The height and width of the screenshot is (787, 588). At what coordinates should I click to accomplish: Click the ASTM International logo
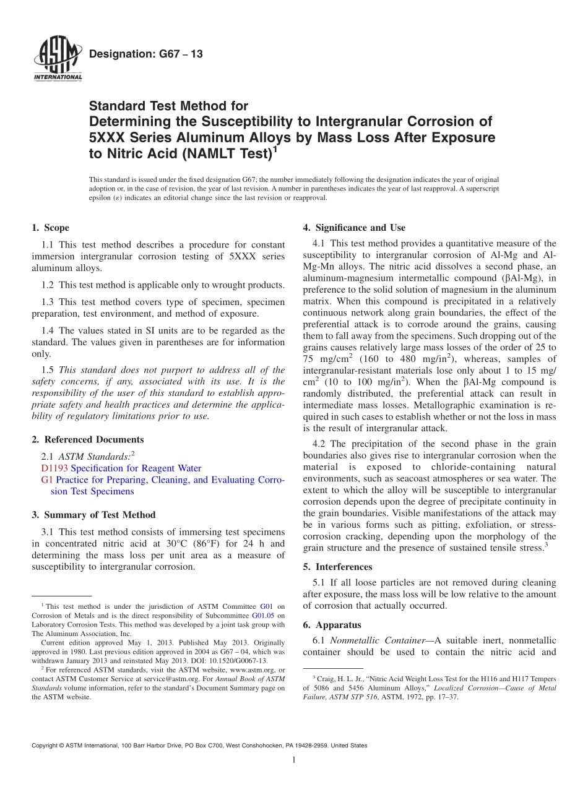point(57,59)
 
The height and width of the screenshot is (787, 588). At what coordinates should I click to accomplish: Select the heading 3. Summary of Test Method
point(93,515)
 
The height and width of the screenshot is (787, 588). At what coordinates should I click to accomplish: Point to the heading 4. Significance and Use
point(354,228)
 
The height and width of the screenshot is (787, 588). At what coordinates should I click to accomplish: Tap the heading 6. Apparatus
point(332,625)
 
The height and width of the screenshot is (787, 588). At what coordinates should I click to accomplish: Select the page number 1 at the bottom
point(295,760)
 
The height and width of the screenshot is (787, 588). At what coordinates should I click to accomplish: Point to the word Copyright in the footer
point(47,746)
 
